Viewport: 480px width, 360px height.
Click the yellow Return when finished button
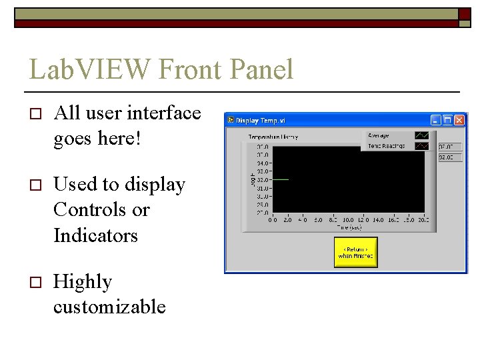pos(355,253)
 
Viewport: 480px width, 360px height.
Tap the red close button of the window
pos(460,120)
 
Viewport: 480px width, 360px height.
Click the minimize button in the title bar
pos(436,120)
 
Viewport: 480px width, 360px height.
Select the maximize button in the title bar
pos(448,120)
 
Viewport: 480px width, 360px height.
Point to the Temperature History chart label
pos(273,137)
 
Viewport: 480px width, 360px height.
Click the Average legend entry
pos(379,136)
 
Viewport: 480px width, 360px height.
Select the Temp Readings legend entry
pos(386,145)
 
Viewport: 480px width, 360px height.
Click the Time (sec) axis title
pos(349,227)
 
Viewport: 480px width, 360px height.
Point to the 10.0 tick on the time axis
pos(348,219)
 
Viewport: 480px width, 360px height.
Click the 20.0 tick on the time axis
pos(423,219)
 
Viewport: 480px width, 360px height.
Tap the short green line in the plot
pos(281,179)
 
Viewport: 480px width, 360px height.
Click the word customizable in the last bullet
pos(109,307)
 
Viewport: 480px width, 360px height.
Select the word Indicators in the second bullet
pos(95,235)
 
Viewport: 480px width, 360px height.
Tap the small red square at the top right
pos(465,13)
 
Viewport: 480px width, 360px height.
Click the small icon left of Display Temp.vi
pos(231,120)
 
